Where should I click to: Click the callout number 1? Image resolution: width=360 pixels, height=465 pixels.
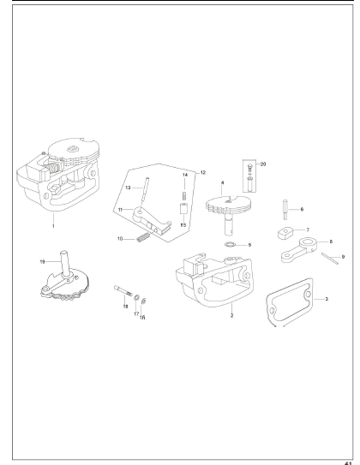click(53, 226)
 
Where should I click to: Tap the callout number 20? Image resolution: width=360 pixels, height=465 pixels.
click(263, 164)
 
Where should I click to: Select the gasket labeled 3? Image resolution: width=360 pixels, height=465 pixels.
click(289, 302)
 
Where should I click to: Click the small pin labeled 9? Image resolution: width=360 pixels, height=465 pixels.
click(329, 258)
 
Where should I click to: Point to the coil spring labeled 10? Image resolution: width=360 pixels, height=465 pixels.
click(143, 237)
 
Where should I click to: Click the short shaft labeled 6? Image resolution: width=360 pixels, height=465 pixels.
click(285, 210)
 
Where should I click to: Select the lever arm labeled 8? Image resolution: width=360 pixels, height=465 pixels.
click(298, 250)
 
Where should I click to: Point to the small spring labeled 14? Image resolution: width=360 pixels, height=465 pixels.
click(184, 196)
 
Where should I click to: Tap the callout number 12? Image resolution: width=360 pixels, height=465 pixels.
click(203, 172)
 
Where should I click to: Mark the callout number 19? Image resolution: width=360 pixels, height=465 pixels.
click(42, 261)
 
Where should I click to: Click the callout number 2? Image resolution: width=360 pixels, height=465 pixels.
click(231, 315)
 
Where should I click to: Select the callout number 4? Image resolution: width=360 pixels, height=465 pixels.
click(222, 182)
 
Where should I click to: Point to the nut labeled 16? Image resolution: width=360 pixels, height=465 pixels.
click(143, 301)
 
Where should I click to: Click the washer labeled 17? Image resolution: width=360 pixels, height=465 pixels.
click(137, 298)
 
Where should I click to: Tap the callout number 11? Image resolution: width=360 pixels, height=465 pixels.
click(120, 210)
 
